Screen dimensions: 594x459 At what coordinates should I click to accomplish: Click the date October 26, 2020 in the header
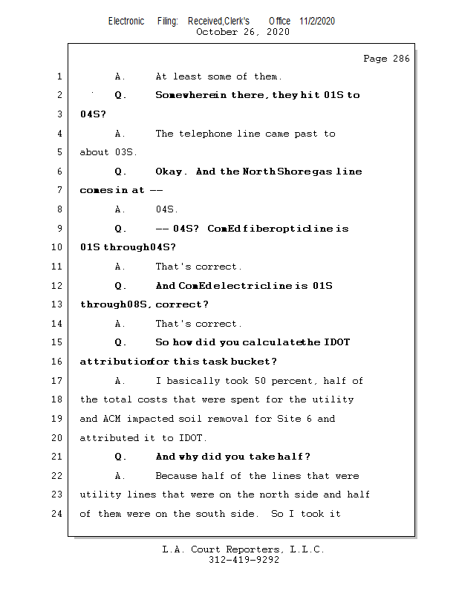click(243, 32)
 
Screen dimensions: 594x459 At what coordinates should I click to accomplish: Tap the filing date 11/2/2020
click(317, 21)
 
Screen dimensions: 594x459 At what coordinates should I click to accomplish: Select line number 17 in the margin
click(58, 381)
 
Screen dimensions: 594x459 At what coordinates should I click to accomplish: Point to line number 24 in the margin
click(58, 513)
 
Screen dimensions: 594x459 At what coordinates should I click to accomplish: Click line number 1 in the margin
click(59, 76)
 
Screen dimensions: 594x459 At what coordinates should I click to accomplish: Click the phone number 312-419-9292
click(244, 561)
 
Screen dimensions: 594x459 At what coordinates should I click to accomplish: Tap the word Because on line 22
click(178, 476)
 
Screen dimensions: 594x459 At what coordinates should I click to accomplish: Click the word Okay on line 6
click(171, 172)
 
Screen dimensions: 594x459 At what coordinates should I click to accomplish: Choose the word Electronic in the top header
click(126, 21)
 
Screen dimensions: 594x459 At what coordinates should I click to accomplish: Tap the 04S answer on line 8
click(166, 210)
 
